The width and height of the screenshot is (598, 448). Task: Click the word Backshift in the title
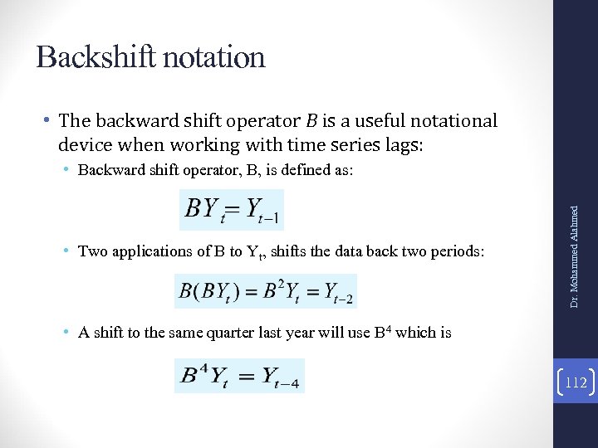(91, 57)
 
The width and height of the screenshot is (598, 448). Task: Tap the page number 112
(576, 383)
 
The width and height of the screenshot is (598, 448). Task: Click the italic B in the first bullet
(311, 121)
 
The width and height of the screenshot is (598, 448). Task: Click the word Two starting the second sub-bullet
(92, 251)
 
